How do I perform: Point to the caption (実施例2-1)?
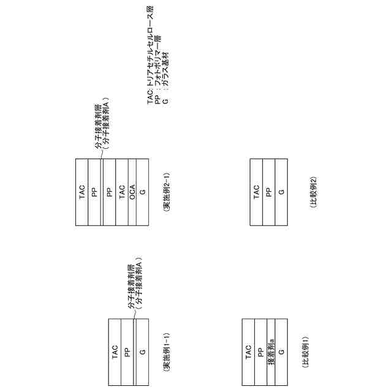(167, 192)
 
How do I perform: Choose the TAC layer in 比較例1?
(249, 352)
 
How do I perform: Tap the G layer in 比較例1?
(282, 352)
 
